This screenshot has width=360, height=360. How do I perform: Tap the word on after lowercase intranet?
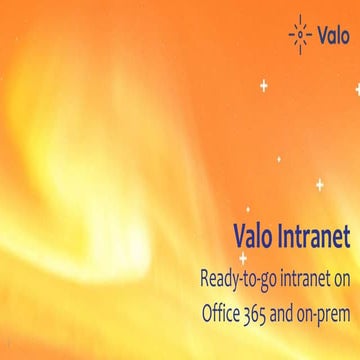coord(339,273)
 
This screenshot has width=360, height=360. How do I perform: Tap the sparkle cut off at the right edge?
coord(356,89)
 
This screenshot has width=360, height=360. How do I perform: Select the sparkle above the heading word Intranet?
coord(319,185)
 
